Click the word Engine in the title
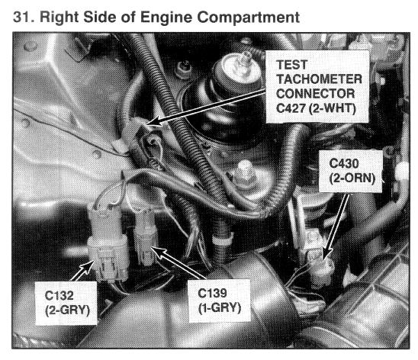click(x=166, y=18)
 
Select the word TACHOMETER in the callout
click(x=319, y=79)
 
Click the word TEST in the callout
click(x=292, y=65)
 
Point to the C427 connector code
click(x=291, y=108)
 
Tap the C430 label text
click(x=344, y=163)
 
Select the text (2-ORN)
click(x=352, y=178)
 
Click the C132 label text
click(x=59, y=295)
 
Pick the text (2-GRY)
click(x=67, y=310)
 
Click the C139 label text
click(x=212, y=293)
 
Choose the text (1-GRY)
click(x=220, y=308)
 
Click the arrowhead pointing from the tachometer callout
click(x=153, y=122)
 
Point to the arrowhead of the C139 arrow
click(x=157, y=252)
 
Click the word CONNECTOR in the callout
click(x=315, y=94)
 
